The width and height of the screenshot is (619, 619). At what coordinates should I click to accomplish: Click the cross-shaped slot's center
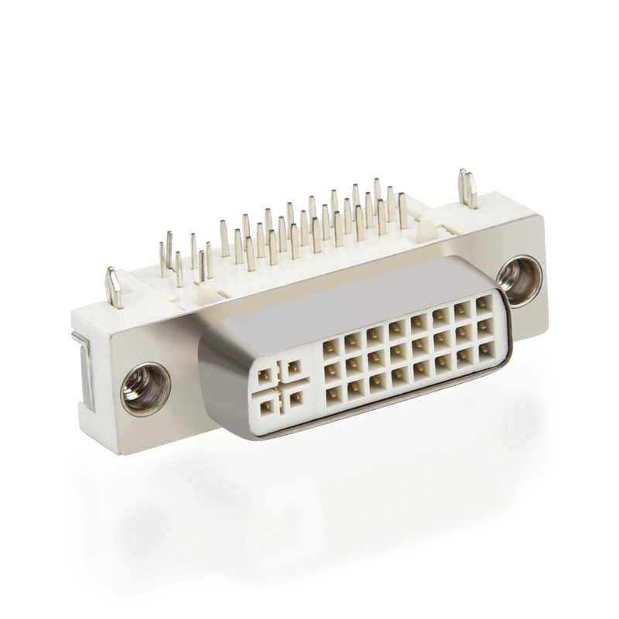[x=280, y=386]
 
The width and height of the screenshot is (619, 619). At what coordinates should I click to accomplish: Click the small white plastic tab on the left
[x=205, y=292]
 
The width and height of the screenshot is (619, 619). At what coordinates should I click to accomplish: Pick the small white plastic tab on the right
[x=424, y=230]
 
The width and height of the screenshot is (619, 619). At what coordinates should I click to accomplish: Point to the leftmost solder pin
[x=163, y=260]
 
